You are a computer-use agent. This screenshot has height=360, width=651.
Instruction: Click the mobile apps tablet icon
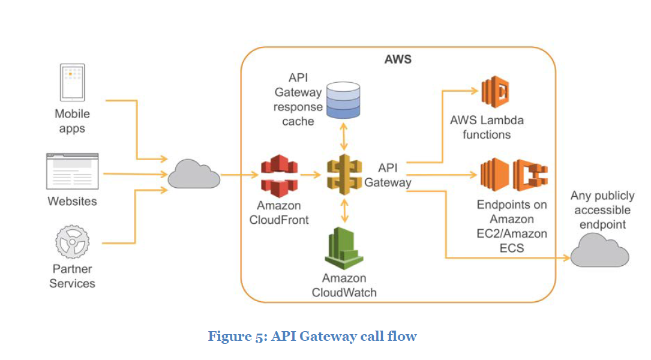[x=72, y=82]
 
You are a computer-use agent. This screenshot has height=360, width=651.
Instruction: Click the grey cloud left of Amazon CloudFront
[x=193, y=175]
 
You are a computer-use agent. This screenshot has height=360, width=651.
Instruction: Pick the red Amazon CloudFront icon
[x=279, y=175]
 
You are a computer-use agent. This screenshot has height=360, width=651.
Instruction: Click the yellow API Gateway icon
[x=344, y=175]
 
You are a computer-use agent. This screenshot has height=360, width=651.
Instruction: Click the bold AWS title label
[x=398, y=60]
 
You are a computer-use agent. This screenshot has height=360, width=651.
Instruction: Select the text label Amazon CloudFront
[x=279, y=213]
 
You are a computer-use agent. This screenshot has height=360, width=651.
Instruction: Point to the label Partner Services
[x=72, y=276]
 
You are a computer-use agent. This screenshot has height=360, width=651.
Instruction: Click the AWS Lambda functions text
[x=487, y=127]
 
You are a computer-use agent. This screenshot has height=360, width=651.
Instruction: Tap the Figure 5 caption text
[x=312, y=337]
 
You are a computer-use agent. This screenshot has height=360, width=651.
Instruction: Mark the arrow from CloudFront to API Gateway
[x=311, y=175]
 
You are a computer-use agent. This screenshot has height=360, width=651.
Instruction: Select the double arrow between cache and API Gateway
[x=344, y=137]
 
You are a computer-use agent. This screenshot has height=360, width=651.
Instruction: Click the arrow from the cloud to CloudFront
[x=239, y=175]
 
